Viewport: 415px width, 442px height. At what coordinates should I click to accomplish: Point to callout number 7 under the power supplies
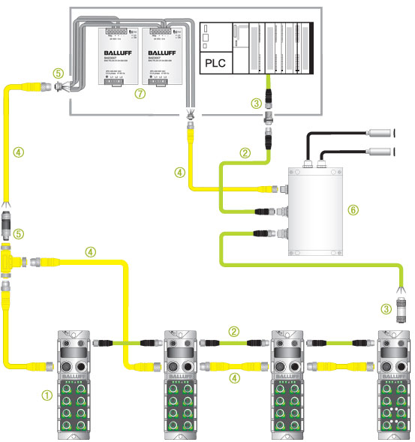[137, 95]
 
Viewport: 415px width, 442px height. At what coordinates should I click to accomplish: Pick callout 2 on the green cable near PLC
[244, 154]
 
